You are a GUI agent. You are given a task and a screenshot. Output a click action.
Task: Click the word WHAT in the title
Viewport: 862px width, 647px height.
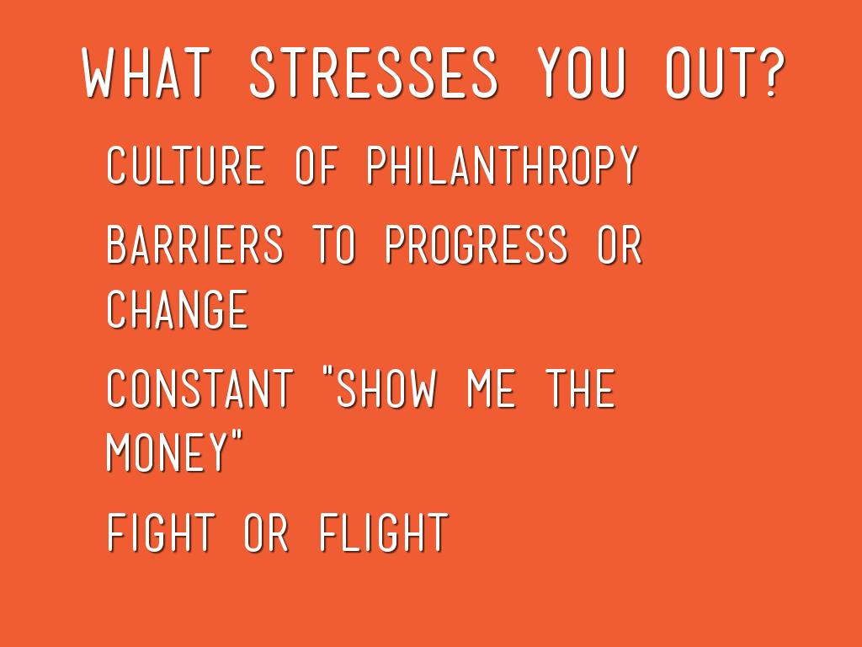[x=146, y=73]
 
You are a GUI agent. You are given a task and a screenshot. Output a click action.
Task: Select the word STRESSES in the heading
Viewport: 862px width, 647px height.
[x=373, y=73]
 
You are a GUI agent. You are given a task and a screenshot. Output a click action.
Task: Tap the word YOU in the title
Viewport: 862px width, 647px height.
[x=581, y=73]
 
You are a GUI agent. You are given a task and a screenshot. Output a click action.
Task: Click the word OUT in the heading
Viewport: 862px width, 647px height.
[x=708, y=73]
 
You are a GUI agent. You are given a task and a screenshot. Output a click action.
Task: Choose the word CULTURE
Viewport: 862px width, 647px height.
[x=185, y=165]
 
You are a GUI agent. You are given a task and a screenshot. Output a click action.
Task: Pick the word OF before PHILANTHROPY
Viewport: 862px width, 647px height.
[x=317, y=165]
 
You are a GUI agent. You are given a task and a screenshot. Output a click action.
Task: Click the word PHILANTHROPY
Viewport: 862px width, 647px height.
[x=503, y=165]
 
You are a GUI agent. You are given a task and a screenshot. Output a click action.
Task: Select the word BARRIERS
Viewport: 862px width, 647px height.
[x=194, y=244]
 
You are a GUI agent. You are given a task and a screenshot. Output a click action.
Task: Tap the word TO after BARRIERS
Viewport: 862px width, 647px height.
[x=333, y=244]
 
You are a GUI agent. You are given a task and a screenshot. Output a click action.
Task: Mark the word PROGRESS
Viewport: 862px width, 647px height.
[x=476, y=244]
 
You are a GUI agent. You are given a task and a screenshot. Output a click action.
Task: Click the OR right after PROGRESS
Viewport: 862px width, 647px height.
[x=620, y=244]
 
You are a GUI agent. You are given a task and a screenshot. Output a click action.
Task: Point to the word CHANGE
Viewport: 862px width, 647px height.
[x=177, y=309]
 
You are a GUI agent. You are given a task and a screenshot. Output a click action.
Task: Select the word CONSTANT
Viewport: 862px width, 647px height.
[x=200, y=388]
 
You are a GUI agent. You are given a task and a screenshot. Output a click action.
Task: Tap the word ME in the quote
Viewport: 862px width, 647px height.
[x=491, y=388]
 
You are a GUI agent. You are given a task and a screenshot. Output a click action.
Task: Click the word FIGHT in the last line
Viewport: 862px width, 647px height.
[x=160, y=532]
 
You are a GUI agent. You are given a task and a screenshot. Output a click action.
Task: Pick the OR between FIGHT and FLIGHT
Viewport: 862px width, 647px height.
[x=266, y=532]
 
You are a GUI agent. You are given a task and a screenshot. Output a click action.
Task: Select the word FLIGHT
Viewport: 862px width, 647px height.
[x=384, y=532]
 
